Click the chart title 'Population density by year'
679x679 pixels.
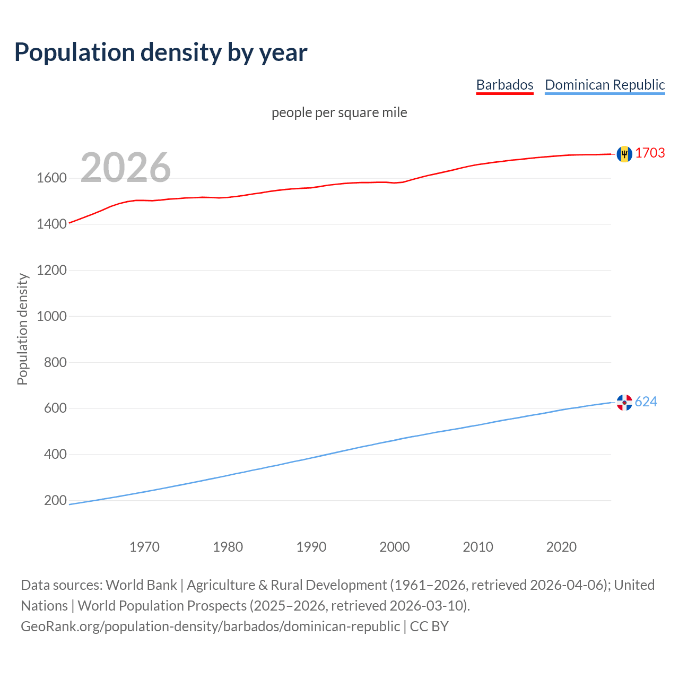point(161,53)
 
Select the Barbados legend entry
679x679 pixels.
point(504,85)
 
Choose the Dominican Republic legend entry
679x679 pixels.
point(605,85)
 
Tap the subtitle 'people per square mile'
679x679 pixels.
point(339,112)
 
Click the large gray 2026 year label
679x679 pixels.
point(126,168)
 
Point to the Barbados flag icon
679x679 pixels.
point(624,154)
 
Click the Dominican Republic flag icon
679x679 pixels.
point(624,403)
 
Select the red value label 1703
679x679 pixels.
point(650,153)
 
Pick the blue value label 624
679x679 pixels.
point(646,402)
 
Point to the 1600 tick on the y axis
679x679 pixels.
point(51,178)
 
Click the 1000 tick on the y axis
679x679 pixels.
point(51,316)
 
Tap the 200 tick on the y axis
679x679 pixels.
point(55,500)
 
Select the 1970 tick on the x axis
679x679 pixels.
point(144,547)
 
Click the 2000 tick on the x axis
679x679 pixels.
point(394,547)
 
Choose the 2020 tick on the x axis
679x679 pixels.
point(561,547)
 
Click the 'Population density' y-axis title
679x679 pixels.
point(22,329)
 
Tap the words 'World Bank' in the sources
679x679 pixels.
point(141,585)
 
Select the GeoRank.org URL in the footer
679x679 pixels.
point(210,626)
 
